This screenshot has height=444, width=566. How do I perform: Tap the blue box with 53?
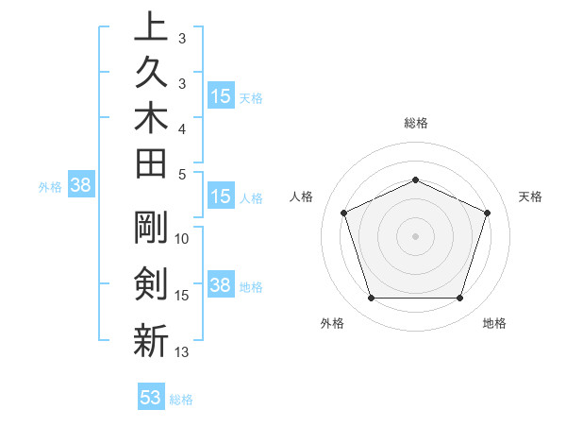point(151,398)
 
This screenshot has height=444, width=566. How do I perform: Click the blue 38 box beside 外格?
point(80,186)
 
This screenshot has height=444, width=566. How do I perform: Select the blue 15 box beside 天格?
point(221,96)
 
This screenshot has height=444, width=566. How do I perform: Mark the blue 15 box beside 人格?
point(221,197)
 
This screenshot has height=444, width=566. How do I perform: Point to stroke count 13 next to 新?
point(182,352)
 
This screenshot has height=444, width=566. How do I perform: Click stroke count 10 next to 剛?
point(182,238)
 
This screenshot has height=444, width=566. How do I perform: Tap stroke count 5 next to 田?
point(182,174)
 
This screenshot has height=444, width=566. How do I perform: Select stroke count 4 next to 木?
point(182,128)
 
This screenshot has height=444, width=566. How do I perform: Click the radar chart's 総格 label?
point(415,123)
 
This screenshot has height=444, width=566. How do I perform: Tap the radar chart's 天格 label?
point(531,196)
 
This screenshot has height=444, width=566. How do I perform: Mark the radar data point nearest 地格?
point(459,299)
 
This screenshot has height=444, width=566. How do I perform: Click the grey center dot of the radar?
point(415,236)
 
